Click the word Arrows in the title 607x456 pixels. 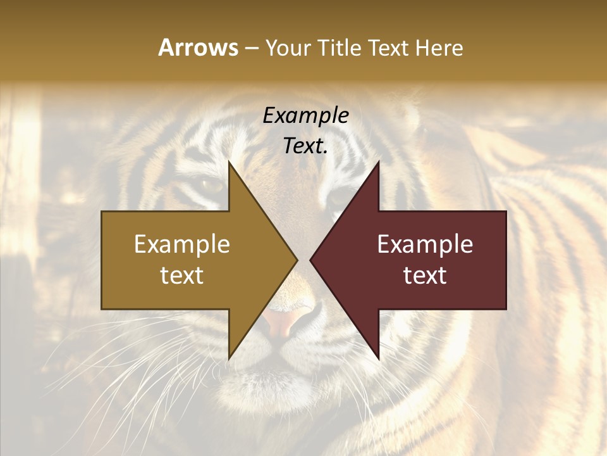pyautogui.click(x=198, y=47)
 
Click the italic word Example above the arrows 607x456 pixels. pyautogui.click(x=306, y=116)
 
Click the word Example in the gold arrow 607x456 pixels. pyautogui.click(x=182, y=244)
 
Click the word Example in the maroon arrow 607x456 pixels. pyautogui.click(x=425, y=244)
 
